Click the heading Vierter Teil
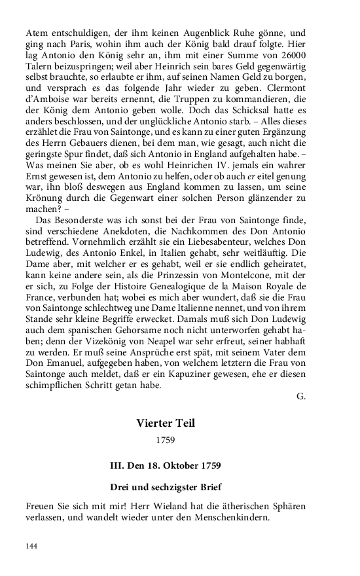tap(165, 423)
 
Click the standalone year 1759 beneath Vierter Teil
tap(166, 441)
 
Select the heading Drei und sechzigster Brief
tap(165, 487)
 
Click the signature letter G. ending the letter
tap(300, 397)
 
